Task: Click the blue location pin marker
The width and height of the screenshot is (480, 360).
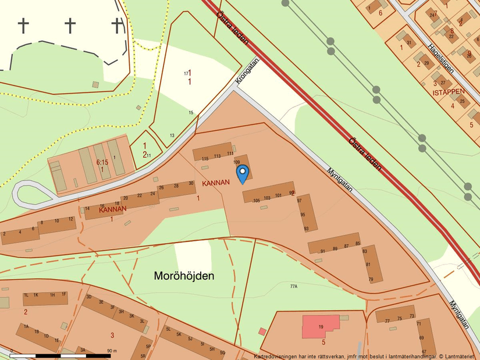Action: tap(243, 173)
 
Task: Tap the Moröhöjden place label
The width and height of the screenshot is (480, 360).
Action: tap(183, 276)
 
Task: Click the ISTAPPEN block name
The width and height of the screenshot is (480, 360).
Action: tap(449, 92)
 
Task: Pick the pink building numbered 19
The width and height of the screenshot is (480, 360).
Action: tap(321, 326)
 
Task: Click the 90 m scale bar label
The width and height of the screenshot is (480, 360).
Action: tap(112, 351)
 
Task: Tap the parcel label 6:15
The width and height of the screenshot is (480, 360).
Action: tap(102, 162)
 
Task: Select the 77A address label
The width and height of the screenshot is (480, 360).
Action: tap(294, 286)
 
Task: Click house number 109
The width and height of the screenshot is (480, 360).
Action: tap(237, 162)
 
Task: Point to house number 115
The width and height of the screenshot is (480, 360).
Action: tap(205, 158)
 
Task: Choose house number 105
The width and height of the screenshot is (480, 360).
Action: tap(257, 200)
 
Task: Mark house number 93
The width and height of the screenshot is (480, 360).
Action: tap(306, 229)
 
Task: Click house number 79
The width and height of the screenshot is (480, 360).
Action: tap(371, 280)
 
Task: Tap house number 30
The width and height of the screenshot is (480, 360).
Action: tap(191, 183)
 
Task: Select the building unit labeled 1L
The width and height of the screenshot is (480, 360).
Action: tap(27, 295)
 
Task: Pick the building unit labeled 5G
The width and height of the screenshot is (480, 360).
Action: tap(222, 352)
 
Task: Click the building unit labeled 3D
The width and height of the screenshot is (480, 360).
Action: tap(89, 297)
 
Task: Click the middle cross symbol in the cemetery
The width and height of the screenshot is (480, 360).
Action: tap(70, 25)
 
